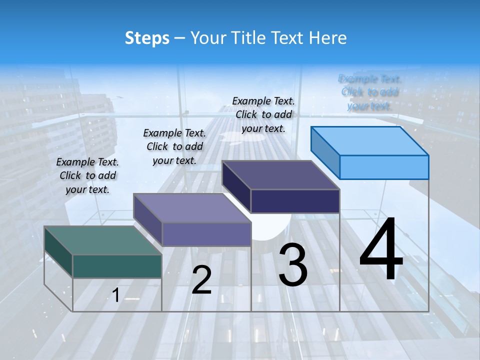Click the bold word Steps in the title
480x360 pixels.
click(x=147, y=38)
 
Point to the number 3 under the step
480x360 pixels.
click(x=293, y=265)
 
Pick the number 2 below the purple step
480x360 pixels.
click(x=201, y=280)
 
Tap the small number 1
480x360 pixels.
click(x=115, y=295)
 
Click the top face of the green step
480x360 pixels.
click(x=102, y=240)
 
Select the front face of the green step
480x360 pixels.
click(x=117, y=266)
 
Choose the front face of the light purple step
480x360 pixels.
click(x=206, y=234)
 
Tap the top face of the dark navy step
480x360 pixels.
click(x=280, y=175)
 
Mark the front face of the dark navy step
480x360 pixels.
click(x=295, y=201)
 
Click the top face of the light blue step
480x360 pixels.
click(x=369, y=141)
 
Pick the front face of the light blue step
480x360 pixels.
click(x=384, y=167)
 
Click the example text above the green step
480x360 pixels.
click(x=87, y=175)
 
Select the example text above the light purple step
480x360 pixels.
click(x=174, y=146)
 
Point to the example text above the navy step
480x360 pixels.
click(x=263, y=114)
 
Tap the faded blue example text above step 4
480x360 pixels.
click(x=369, y=92)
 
